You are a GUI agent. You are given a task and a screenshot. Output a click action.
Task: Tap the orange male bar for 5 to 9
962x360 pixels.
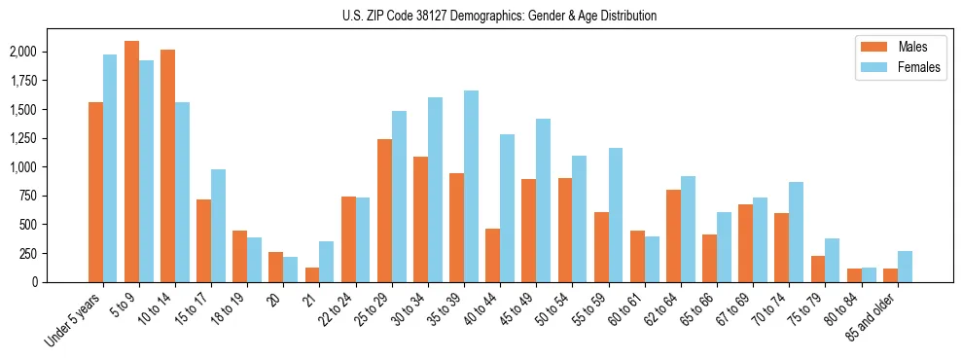(x=131, y=162)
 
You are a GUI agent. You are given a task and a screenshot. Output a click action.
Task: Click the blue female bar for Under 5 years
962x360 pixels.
(x=110, y=168)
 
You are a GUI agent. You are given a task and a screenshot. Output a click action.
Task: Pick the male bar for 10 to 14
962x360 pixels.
(x=167, y=165)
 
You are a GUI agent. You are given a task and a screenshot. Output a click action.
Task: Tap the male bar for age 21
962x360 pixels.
(x=312, y=274)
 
